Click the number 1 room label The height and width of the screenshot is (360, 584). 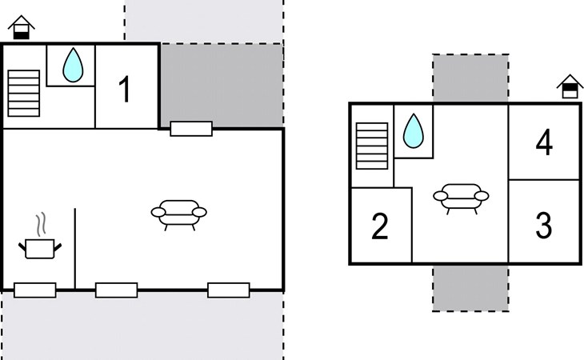125,89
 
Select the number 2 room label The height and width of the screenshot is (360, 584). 379,226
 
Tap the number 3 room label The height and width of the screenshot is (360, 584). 543,225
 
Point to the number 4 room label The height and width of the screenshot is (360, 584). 544,142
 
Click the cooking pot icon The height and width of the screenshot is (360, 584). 40,248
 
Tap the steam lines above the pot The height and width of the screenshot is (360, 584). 42,224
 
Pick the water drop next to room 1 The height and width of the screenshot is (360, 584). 73,65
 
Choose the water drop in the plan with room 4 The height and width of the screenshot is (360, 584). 413,130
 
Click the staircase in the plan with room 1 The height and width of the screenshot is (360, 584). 23,93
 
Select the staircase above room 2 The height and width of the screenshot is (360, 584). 372,146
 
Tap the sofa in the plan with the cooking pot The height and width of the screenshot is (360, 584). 178,215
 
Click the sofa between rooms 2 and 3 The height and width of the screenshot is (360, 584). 461,199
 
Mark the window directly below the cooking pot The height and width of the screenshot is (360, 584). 35,290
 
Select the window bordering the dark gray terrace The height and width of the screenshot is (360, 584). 191,129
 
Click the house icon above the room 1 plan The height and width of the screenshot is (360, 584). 22,27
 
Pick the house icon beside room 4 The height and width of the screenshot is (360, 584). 570,86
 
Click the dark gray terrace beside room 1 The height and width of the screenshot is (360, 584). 222,86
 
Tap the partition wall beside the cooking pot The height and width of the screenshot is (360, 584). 75,249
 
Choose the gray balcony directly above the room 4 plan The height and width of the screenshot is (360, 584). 470,78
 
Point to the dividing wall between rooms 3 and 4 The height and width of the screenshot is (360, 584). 544,180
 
